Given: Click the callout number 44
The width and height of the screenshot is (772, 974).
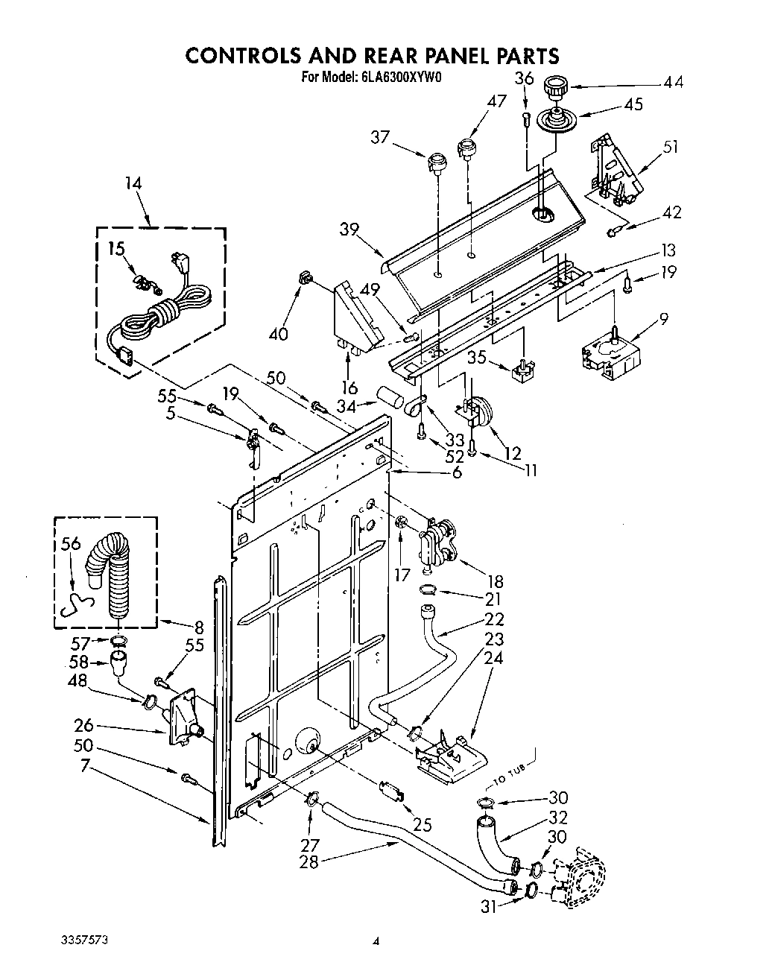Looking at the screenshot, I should tap(673, 83).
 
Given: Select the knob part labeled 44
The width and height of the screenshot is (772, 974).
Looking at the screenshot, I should tap(554, 87).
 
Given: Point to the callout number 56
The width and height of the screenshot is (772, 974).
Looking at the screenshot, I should tap(71, 545).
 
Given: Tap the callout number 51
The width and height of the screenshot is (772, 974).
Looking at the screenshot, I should tap(671, 147).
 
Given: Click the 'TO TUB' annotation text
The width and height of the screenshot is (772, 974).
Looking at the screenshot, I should tap(510, 778).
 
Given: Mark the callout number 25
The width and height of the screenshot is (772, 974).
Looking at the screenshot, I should tap(423, 825).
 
